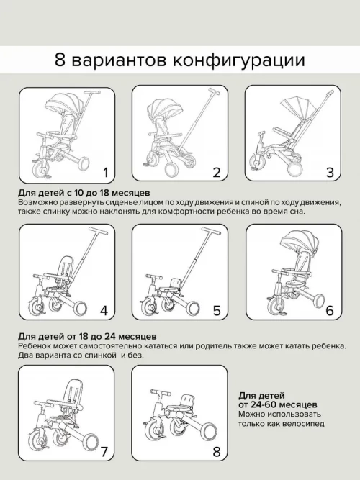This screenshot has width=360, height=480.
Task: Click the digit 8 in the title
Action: click(60, 60)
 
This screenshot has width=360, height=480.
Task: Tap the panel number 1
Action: click(106, 173)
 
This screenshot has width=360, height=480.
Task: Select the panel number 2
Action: click(217, 173)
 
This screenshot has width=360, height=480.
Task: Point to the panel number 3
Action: click(330, 173)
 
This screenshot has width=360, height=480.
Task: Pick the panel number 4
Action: click(104, 311)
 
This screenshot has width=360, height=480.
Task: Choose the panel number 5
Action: click(217, 311)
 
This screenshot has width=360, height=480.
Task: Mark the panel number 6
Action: click(330, 311)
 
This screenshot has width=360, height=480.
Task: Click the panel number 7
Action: click(104, 451)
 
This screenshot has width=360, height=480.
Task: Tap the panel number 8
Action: click(217, 451)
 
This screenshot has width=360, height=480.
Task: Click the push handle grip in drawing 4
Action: click(99, 230)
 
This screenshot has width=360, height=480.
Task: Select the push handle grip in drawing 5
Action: click(212, 230)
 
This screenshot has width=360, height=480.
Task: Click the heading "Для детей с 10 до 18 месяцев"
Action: click(84, 193)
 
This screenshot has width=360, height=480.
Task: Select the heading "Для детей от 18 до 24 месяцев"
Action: click(87, 336)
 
